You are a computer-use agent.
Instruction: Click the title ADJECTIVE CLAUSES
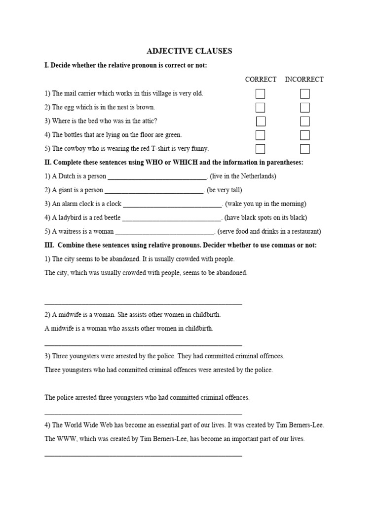[189, 51]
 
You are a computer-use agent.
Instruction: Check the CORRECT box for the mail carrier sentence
[260, 94]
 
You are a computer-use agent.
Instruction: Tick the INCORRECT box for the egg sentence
[305, 108]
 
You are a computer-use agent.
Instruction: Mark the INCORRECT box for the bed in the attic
[305, 122]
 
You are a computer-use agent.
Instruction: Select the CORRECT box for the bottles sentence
[260, 135]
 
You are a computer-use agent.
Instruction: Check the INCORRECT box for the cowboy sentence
[305, 149]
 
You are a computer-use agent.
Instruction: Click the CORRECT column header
[261, 79]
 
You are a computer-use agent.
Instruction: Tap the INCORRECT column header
[304, 79]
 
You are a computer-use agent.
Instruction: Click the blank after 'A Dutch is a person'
[157, 177]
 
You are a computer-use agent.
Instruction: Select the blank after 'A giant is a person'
[154, 191]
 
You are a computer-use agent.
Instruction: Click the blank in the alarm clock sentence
[173, 205]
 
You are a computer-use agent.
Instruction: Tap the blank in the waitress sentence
[165, 232]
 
